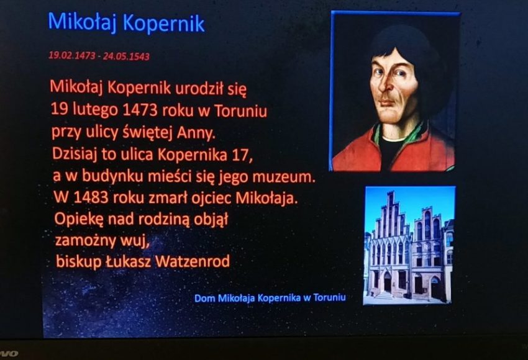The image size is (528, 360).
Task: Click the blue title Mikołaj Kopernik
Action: tap(126, 22)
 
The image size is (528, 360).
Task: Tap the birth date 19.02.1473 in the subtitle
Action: tap(72, 55)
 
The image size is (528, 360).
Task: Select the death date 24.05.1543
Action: tap(126, 56)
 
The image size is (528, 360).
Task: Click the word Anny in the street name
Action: tap(196, 133)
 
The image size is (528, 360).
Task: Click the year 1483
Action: tap(91, 198)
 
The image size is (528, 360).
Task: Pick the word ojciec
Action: tap(211, 199)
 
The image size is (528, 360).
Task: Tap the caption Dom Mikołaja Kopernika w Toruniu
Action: tap(270, 298)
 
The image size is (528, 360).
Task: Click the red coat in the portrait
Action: tap(421, 152)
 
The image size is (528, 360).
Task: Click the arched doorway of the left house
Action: tap(387, 282)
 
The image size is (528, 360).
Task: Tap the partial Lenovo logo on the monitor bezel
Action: tap(9, 354)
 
